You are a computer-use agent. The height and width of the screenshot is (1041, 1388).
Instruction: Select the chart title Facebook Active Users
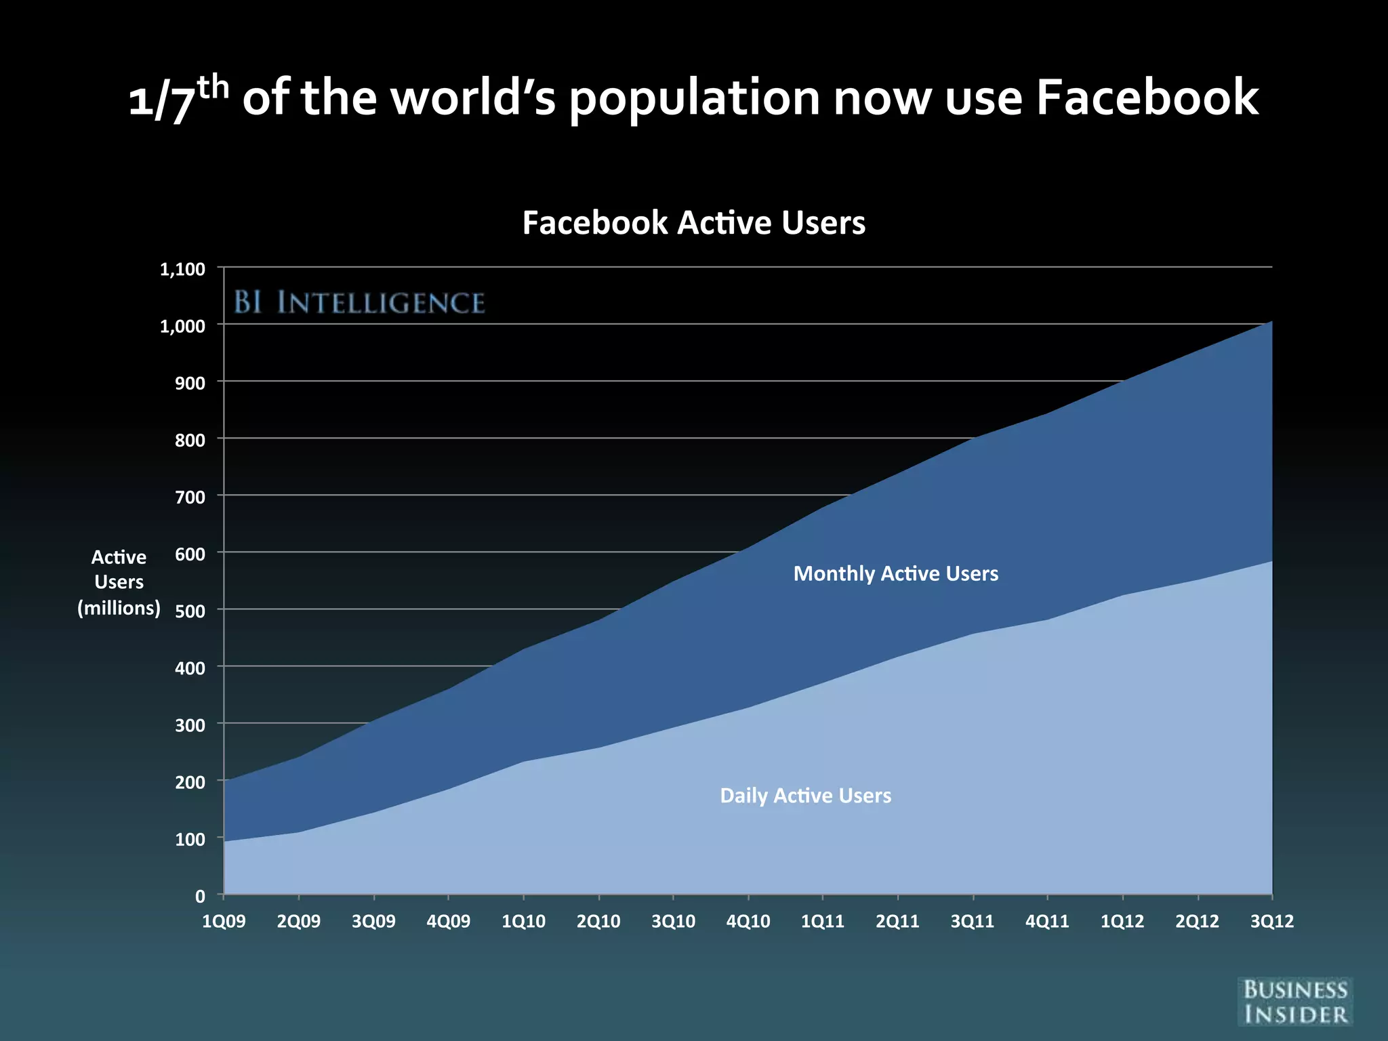[x=693, y=223]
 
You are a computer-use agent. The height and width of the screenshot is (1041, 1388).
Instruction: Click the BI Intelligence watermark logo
[x=359, y=302]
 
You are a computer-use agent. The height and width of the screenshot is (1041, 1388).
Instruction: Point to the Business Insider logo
[x=1295, y=1002]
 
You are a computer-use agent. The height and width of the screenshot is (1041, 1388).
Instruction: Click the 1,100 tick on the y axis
[x=182, y=269]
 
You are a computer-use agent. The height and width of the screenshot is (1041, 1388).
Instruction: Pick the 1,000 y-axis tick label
[x=182, y=326]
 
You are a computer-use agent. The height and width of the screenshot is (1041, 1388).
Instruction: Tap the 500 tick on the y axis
[x=190, y=611]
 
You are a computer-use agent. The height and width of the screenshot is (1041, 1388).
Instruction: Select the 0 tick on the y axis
[x=200, y=897]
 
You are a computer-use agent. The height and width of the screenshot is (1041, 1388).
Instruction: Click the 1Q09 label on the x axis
[x=224, y=921]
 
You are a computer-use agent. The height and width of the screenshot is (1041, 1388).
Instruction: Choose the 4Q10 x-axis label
[x=748, y=921]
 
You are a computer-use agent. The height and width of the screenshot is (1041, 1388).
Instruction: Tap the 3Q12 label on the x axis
[x=1271, y=921]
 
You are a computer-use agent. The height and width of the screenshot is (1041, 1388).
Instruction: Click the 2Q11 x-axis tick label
[x=897, y=921]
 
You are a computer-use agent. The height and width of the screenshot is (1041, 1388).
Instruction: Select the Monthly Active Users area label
[x=895, y=573]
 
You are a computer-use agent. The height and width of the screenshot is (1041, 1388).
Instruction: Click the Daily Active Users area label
[x=805, y=795]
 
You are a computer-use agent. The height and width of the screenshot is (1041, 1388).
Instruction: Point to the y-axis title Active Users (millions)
[x=119, y=582]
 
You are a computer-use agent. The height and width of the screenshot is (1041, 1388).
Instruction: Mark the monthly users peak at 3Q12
[x=1270, y=323]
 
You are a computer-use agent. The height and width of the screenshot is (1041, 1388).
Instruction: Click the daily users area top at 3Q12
[x=1270, y=563]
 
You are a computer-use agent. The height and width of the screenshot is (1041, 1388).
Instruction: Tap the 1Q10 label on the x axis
[x=523, y=921]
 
